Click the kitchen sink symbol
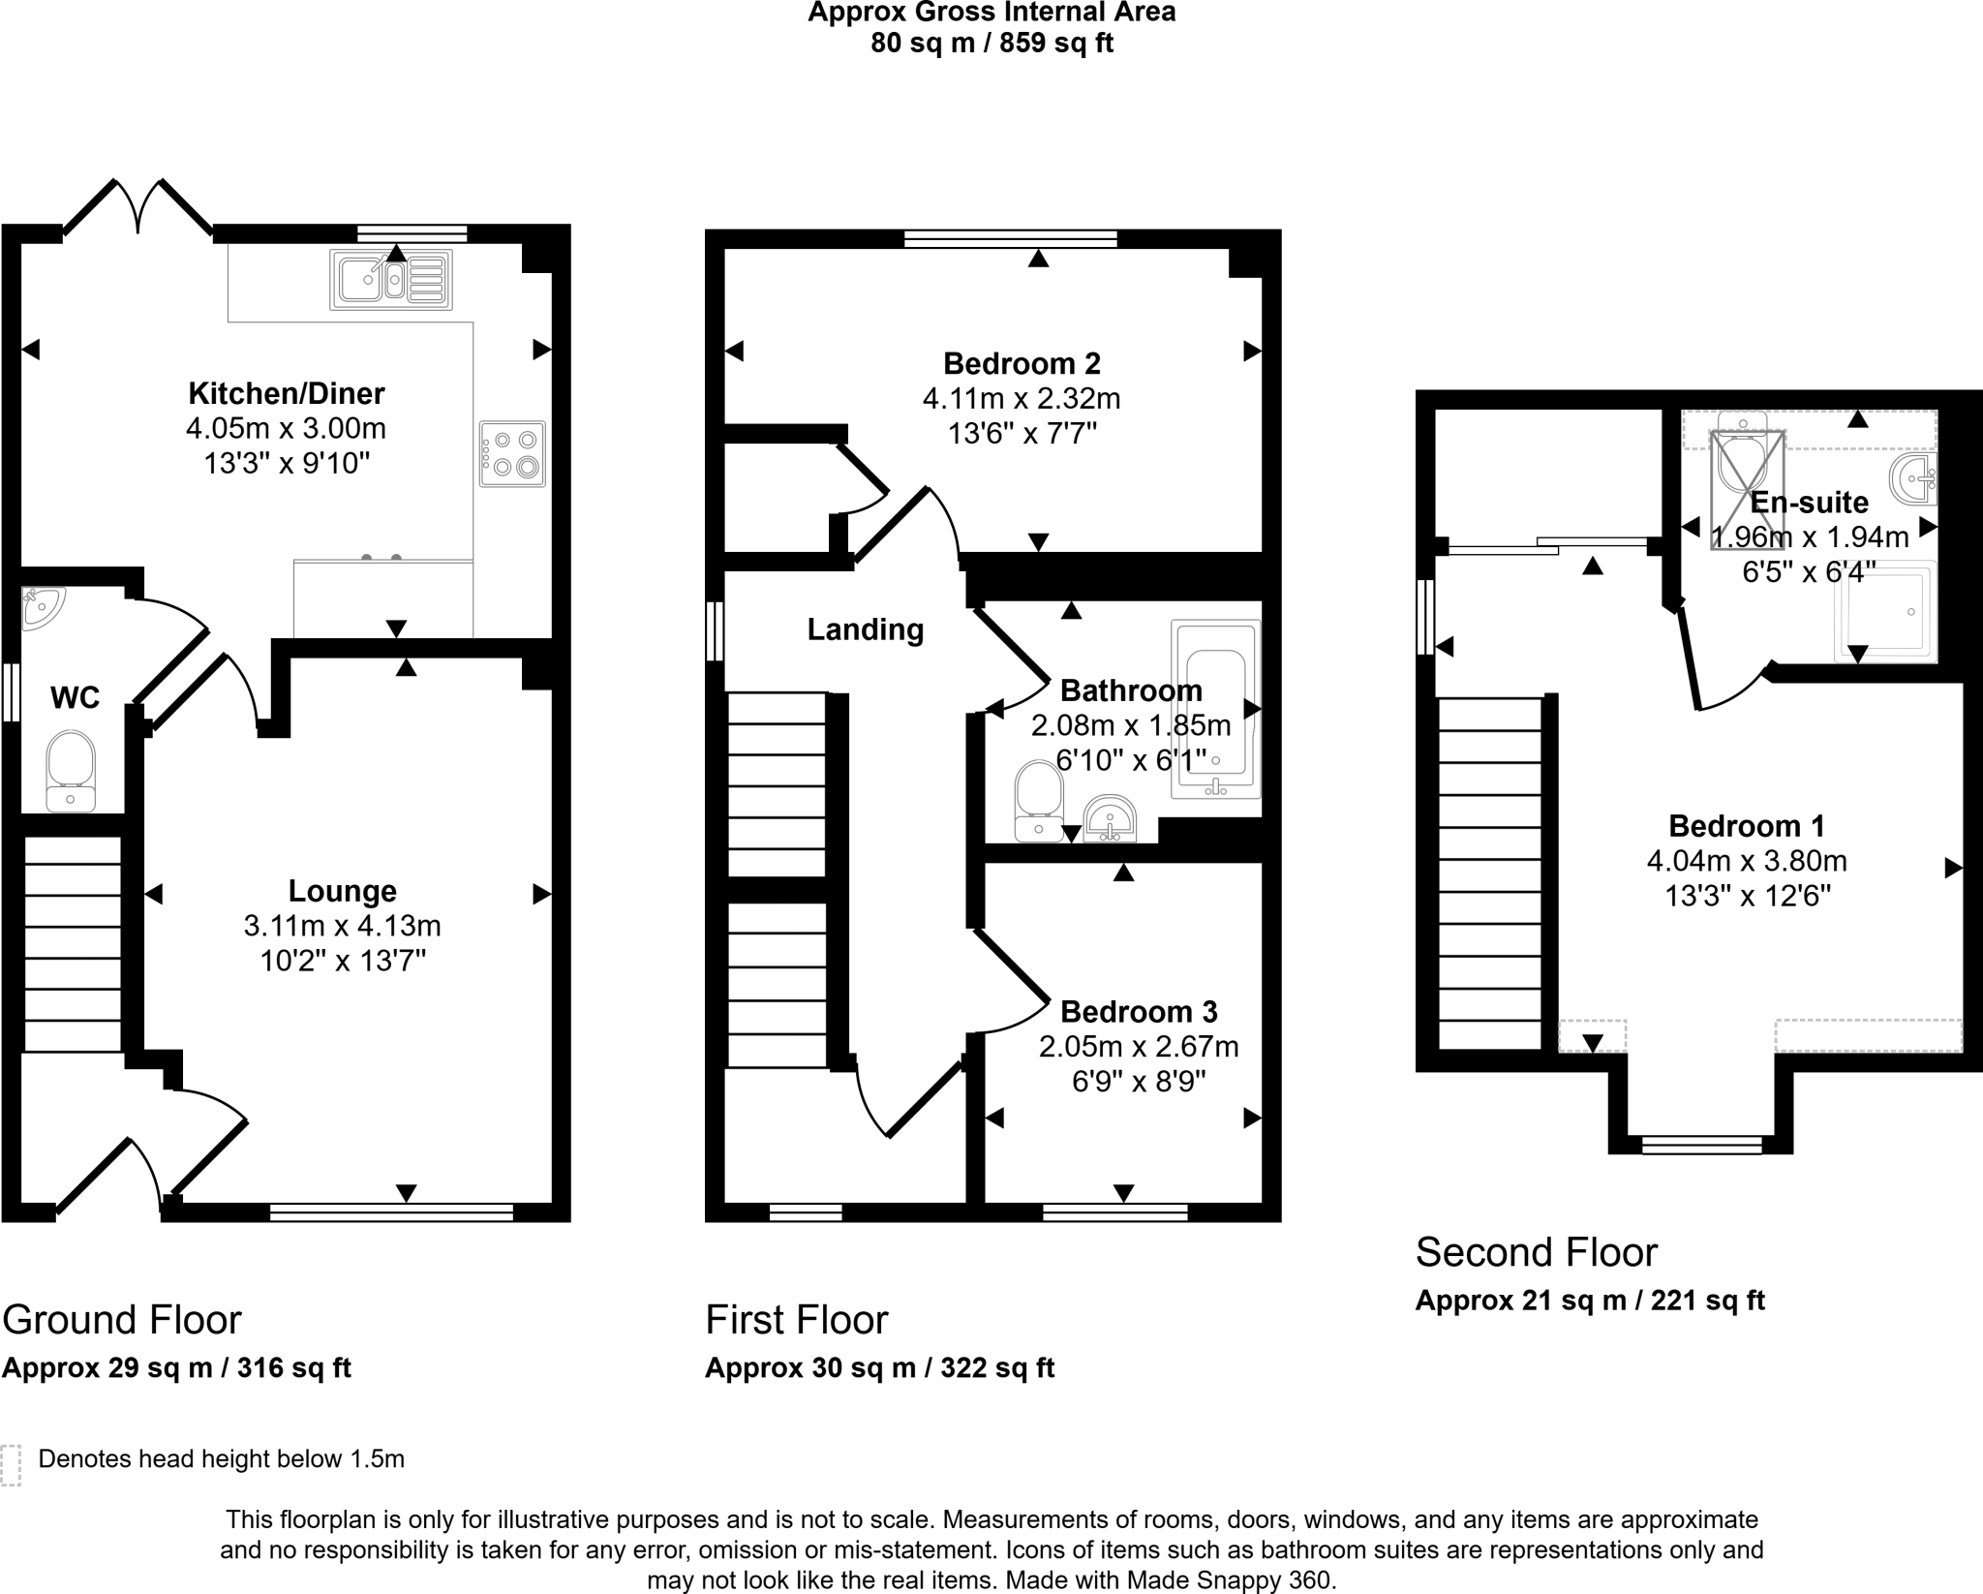(x=391, y=280)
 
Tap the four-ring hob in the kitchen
(x=512, y=453)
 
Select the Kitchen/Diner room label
(x=286, y=393)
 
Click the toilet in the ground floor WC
(x=71, y=771)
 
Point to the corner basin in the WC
(x=43, y=608)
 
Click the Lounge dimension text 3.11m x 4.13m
(x=342, y=926)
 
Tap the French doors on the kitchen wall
(x=138, y=206)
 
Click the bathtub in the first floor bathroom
(x=1215, y=710)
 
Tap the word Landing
(x=866, y=629)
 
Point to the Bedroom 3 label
(x=1139, y=1011)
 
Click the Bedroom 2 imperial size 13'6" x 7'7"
(x=1022, y=433)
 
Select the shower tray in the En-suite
(x=1885, y=611)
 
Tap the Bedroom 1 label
(x=1747, y=825)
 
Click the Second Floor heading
(x=1537, y=1252)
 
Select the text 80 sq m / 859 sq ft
(x=991, y=44)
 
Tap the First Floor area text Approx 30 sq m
(x=809, y=1367)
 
